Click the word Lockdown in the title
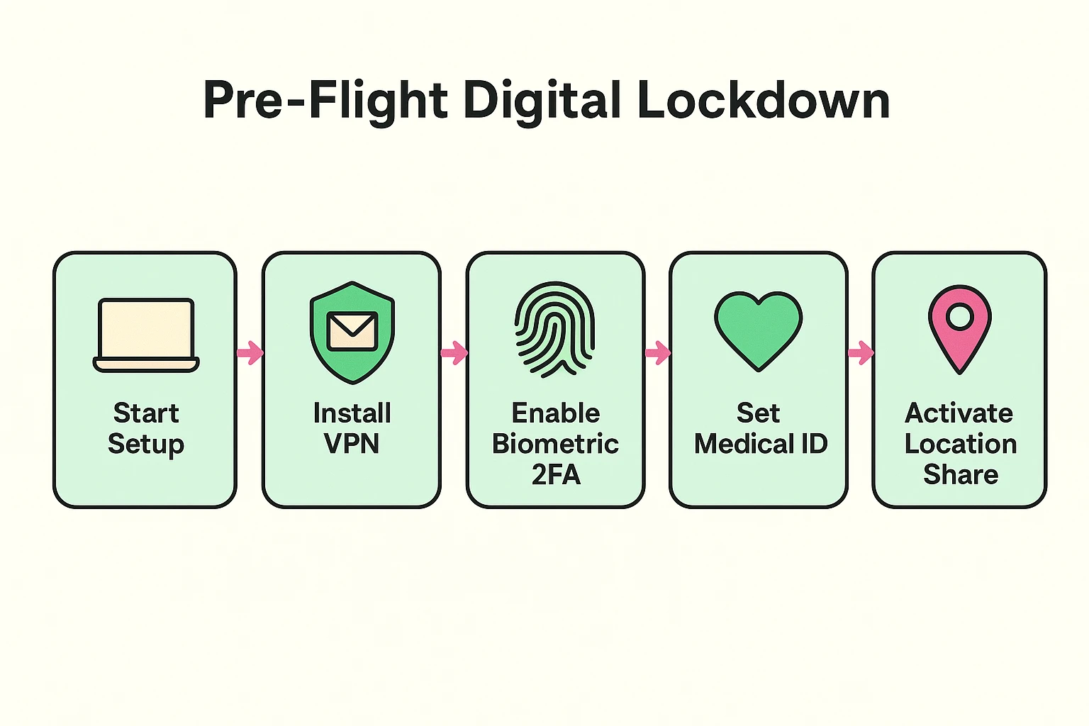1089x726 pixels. pyautogui.click(x=763, y=101)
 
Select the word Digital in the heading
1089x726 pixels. pyautogui.click(x=542, y=101)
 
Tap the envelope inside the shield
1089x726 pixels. pyautogui.click(x=352, y=331)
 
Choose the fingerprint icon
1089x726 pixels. pyautogui.click(x=555, y=329)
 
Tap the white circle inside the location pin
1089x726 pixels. pyautogui.click(x=959, y=316)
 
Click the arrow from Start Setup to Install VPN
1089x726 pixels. pyautogui.click(x=250, y=352)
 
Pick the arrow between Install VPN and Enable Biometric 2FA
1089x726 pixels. pyautogui.click(x=454, y=352)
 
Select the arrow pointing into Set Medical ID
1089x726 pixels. pyautogui.click(x=657, y=352)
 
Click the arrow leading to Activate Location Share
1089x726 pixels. pyautogui.click(x=861, y=352)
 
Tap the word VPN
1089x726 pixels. pyautogui.click(x=352, y=444)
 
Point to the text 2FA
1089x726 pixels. pyautogui.click(x=556, y=474)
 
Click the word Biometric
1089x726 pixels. pyautogui.click(x=555, y=444)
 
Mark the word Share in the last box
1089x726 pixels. pyautogui.click(x=961, y=474)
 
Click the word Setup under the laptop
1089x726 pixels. pyautogui.click(x=146, y=445)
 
